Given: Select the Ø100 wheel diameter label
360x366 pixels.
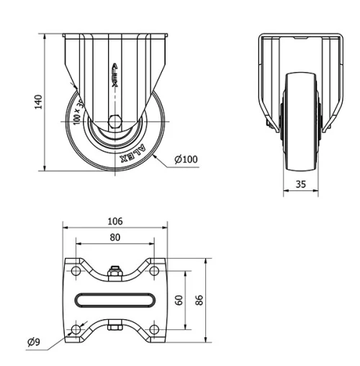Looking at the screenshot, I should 186,159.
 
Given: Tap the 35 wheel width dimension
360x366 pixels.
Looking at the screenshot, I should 301,184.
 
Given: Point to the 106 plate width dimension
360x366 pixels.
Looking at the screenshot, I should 115,220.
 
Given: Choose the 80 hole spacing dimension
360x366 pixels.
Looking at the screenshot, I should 115,237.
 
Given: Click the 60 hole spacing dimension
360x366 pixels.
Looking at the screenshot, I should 179,299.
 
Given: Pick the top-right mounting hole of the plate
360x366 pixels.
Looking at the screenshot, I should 155,270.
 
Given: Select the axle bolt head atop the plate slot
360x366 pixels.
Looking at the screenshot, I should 115,272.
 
